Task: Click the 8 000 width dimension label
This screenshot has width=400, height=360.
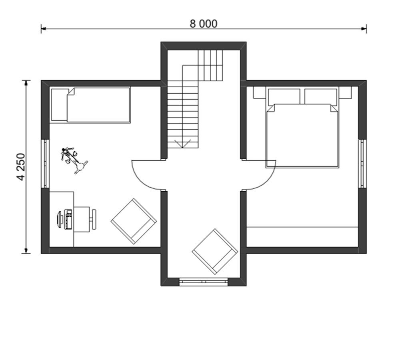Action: coord(204,24)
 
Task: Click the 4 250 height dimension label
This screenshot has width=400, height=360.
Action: coord(21,167)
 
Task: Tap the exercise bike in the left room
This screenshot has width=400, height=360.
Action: coord(74,160)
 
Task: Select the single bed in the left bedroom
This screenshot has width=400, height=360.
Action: coord(90,105)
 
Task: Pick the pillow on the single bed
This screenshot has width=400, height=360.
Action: coord(60,105)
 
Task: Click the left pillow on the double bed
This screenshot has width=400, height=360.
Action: coord(284,96)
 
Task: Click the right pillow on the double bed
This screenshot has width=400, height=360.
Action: coord(321,96)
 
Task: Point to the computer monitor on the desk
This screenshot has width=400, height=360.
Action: coord(60,219)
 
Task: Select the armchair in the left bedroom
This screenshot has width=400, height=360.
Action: coord(134,221)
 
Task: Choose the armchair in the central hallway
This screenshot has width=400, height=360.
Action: coord(215,251)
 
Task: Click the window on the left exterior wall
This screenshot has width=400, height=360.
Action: coord(45,163)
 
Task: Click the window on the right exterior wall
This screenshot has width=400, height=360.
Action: coord(362,163)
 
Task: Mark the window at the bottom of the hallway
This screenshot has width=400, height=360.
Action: coord(204,282)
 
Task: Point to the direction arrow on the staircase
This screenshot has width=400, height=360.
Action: coord(182,144)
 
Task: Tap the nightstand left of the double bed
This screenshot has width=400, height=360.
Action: coord(260,93)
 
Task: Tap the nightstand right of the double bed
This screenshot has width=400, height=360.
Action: coord(345,93)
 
